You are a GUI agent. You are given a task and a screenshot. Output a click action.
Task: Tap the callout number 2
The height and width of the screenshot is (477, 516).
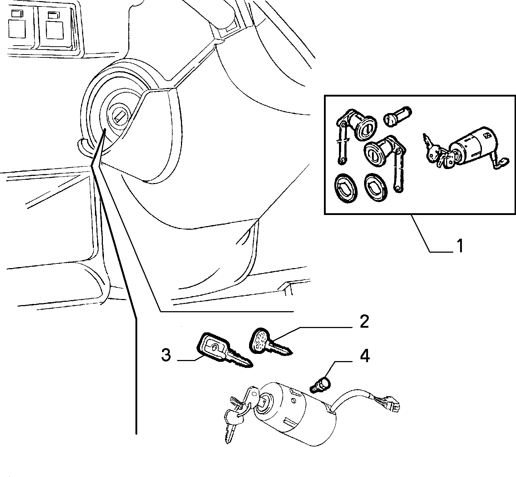click(x=364, y=322)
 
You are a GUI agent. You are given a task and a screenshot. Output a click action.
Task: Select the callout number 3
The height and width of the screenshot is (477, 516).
click(x=166, y=355)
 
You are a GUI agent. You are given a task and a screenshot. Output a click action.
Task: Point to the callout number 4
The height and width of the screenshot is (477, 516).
click(x=365, y=356)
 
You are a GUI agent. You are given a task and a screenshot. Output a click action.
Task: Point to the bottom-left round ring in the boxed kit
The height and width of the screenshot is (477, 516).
click(x=346, y=188)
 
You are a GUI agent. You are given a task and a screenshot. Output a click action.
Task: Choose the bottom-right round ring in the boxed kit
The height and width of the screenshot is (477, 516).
click(x=376, y=187)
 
